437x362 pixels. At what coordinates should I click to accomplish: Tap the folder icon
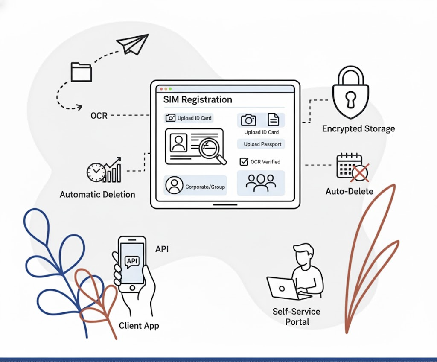click(x=81, y=72)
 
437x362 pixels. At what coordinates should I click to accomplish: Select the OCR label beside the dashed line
click(x=99, y=115)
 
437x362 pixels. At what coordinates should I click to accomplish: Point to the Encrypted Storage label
click(x=358, y=128)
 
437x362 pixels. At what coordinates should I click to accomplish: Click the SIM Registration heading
click(x=198, y=100)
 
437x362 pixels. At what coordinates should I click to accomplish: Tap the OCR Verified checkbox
click(x=244, y=161)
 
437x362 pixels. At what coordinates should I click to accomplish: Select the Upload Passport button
click(x=262, y=144)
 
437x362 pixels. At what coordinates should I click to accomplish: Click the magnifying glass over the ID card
click(x=212, y=150)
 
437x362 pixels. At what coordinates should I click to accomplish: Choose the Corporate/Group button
click(x=195, y=186)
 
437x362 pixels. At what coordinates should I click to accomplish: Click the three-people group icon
click(x=261, y=183)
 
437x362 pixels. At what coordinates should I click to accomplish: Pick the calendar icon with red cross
click(x=352, y=167)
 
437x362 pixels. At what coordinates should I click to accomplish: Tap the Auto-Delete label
click(x=349, y=191)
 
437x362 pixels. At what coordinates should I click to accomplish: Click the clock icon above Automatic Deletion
click(x=96, y=172)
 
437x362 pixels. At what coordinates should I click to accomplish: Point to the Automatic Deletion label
click(x=97, y=195)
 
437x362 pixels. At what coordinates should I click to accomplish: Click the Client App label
click(x=139, y=326)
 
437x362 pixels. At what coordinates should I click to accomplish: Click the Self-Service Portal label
click(x=297, y=316)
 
